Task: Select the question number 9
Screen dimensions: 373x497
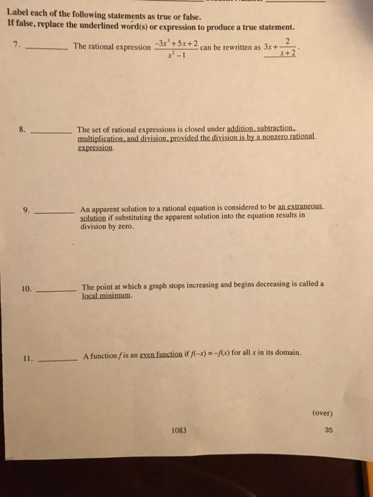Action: coord(26,210)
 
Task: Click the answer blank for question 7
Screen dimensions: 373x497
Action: coord(46,48)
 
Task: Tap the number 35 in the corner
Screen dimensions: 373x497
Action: coord(328,429)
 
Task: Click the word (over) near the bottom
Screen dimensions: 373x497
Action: coord(322,412)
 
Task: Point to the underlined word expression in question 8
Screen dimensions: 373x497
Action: coord(96,149)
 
